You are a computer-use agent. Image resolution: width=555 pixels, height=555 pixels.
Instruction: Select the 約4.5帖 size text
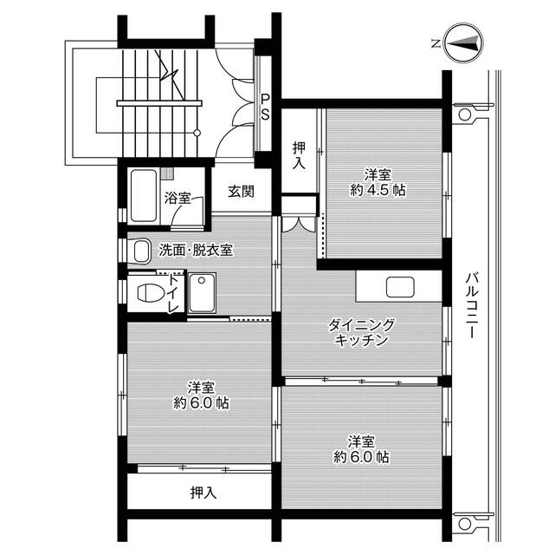point(385,191)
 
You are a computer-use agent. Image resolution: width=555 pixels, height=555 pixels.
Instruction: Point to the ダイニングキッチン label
point(361,332)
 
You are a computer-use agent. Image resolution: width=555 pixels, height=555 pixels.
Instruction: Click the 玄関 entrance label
point(242,192)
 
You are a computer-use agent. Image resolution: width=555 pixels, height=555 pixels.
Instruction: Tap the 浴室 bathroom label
point(177,198)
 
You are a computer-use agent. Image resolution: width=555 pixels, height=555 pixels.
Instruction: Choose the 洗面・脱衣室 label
point(195,251)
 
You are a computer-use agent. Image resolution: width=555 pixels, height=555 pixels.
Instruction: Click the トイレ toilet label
point(173,294)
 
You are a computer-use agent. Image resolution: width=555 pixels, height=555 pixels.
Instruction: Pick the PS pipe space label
point(266,106)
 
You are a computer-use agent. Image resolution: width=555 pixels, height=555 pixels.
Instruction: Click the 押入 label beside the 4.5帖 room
point(299,153)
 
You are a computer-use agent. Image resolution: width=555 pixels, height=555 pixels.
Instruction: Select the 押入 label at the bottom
point(203,493)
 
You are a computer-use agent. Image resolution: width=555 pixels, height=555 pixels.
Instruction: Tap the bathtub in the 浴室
point(144,188)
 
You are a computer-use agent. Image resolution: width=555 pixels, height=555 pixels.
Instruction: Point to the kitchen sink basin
point(399,286)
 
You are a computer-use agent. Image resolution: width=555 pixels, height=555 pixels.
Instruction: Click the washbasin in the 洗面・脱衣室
point(141,251)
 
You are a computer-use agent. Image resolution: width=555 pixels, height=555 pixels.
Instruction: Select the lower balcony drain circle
point(462,524)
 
